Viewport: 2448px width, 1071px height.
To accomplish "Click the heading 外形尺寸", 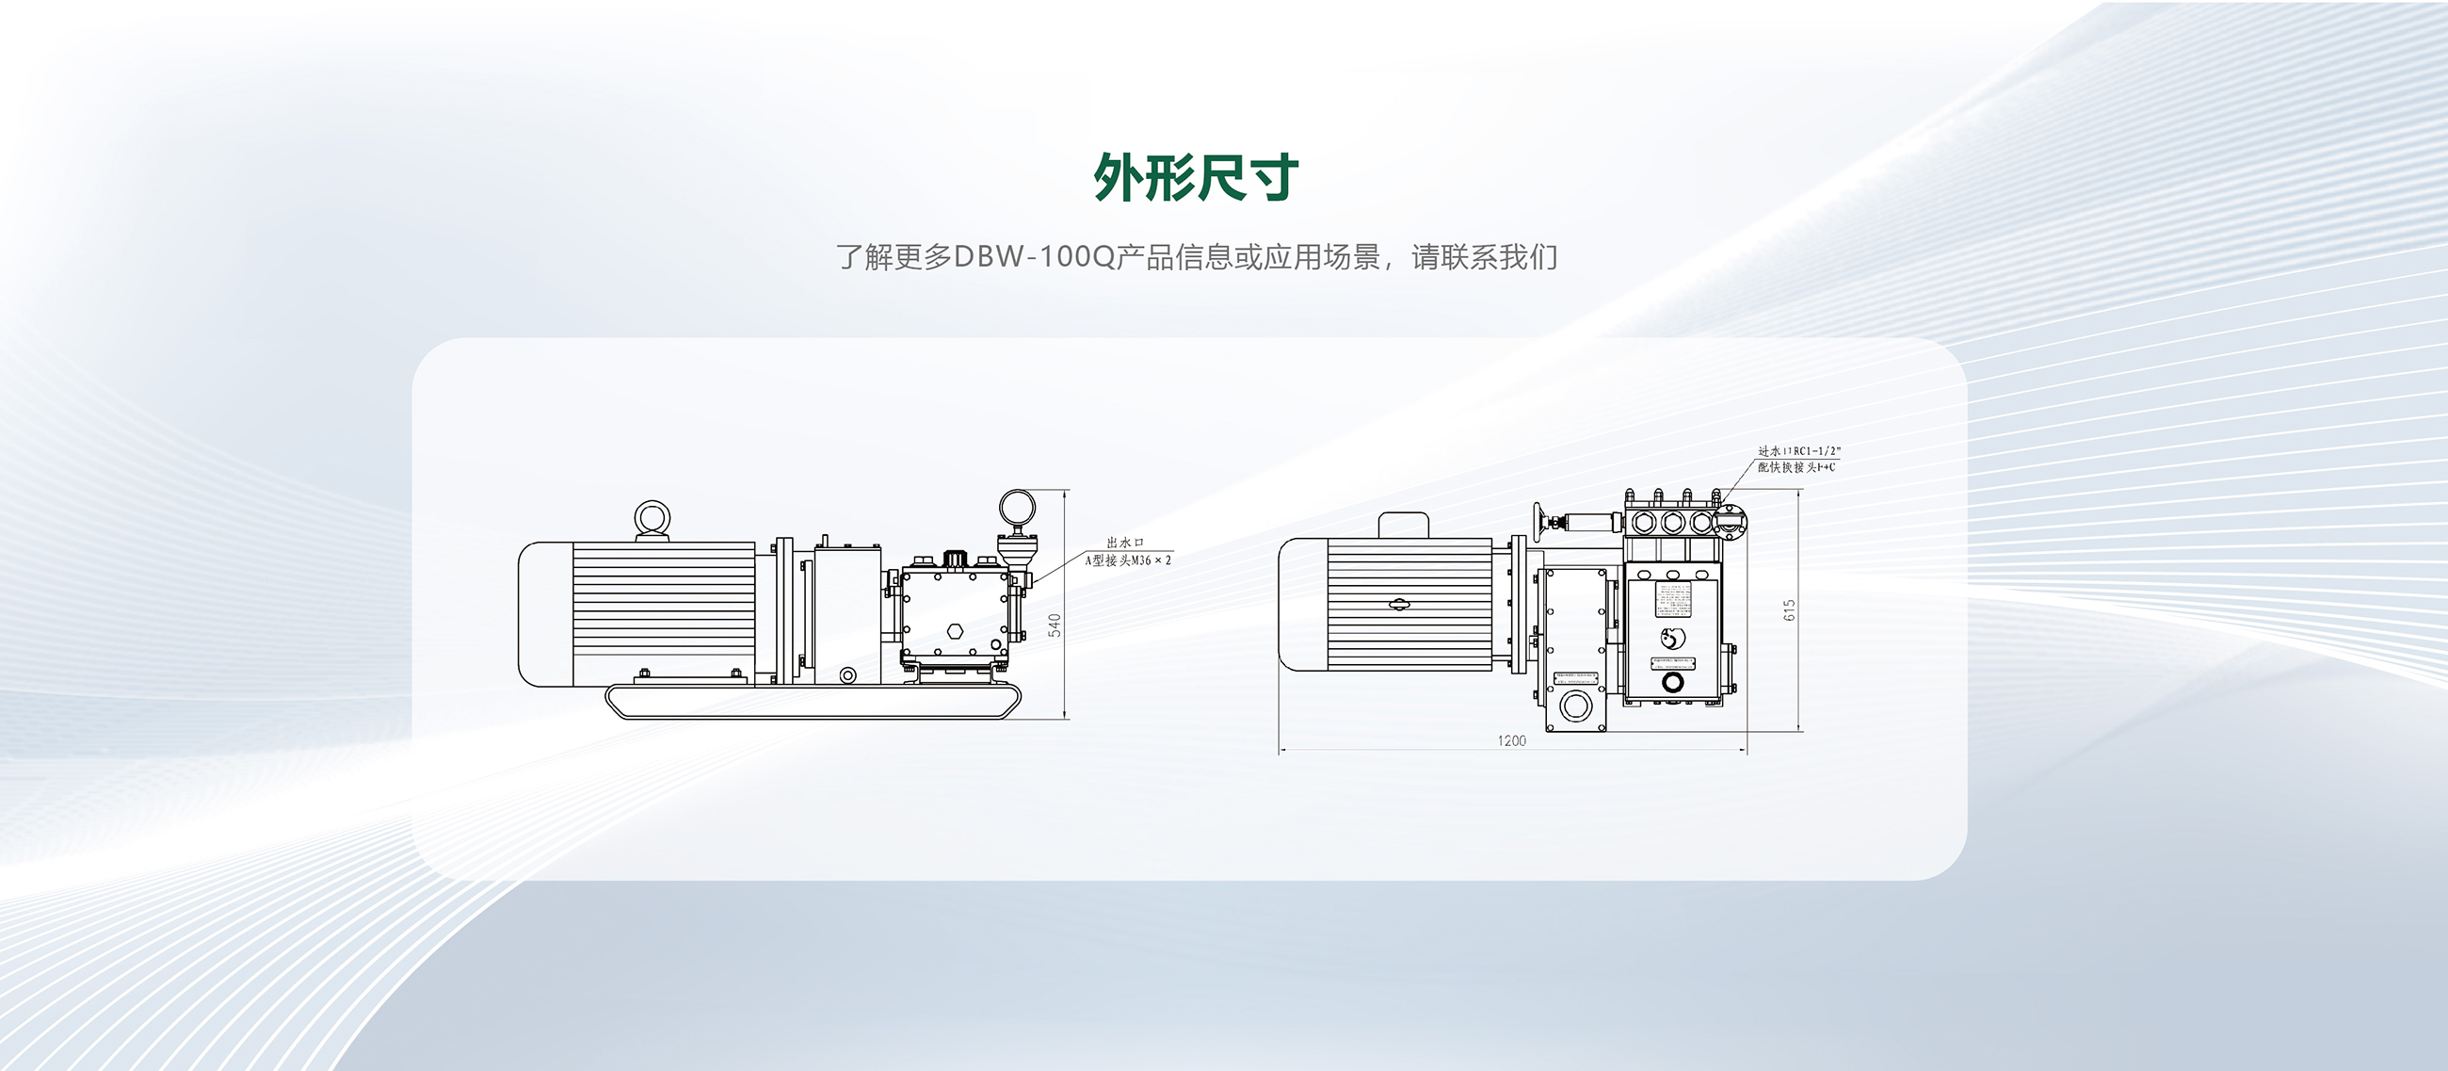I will pyautogui.click(x=1196, y=178).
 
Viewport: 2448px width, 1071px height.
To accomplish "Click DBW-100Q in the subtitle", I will pyautogui.click(x=1033, y=256).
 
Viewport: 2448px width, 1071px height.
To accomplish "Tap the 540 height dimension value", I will pyautogui.click(x=1055, y=625).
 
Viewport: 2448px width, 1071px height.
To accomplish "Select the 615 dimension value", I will pyautogui.click(x=1791, y=610).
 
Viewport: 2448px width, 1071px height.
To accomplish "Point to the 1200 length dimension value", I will pyautogui.click(x=1511, y=740).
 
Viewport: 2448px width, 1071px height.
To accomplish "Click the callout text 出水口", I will pyautogui.click(x=1125, y=543).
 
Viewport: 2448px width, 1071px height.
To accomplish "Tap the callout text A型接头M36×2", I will pyautogui.click(x=1128, y=560).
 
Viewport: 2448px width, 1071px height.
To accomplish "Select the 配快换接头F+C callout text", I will pyautogui.click(x=1796, y=467).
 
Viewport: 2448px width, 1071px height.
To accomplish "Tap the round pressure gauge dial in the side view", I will pyautogui.click(x=1017, y=508).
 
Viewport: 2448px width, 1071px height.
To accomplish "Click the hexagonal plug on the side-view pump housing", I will pyautogui.click(x=955, y=631).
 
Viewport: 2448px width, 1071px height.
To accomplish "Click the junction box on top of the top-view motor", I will pyautogui.click(x=1403, y=525).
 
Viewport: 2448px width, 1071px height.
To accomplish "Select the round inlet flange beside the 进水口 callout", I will pyautogui.click(x=1732, y=522).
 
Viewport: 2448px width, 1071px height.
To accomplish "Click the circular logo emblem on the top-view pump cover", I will pyautogui.click(x=1671, y=638).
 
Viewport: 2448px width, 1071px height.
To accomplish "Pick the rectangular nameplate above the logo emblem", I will pyautogui.click(x=1672, y=599).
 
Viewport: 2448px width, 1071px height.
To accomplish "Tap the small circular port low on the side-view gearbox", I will pyautogui.click(x=847, y=675).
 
